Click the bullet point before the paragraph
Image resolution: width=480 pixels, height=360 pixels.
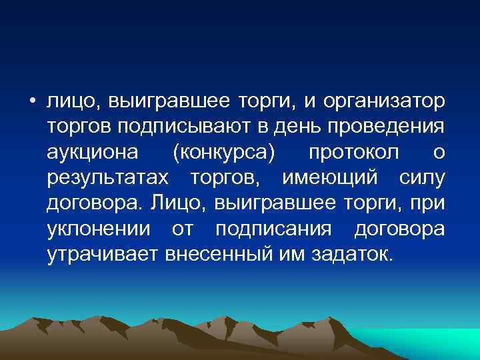click(32, 102)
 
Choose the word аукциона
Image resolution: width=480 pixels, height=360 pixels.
click(93, 153)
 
